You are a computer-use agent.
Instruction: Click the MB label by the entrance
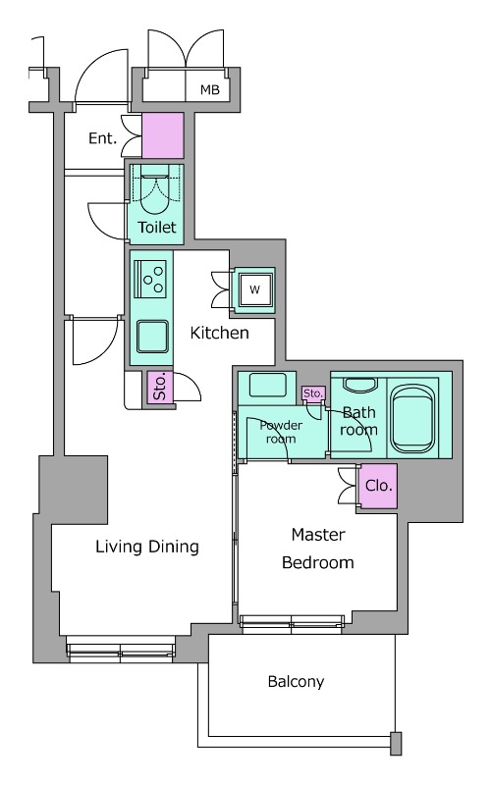pos(210,89)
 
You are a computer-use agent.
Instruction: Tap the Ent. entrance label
pos(102,138)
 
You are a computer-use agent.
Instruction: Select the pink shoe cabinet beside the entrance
pos(163,135)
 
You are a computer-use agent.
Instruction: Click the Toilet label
pos(157,228)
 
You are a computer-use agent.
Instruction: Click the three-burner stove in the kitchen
pos(150,280)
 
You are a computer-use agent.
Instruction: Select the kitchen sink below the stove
pos(152,337)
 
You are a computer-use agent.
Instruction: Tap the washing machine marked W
pos(255,289)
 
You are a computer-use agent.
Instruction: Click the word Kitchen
pos(219,333)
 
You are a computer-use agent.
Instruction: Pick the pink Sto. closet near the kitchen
pos(160,387)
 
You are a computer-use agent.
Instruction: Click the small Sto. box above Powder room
pos(313,393)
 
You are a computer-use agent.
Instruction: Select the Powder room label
pos(281,432)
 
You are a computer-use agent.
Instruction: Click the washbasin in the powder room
pos(267,385)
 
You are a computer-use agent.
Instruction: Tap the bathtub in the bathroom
pos(412,420)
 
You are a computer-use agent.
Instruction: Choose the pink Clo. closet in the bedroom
pos(379,486)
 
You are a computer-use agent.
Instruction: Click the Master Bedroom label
pos(318,549)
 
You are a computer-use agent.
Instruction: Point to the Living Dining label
pos(147,547)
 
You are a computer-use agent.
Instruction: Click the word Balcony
pos(296,681)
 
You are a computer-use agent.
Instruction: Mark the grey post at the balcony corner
pos(396,744)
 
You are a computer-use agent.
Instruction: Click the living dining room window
pos(121,650)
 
